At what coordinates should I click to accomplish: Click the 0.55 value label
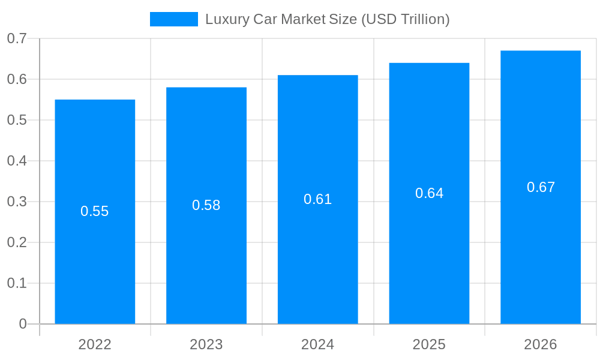pyautogui.click(x=95, y=211)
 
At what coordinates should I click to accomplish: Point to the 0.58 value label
pyautogui.click(x=206, y=205)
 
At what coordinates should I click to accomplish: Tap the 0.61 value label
pyautogui.click(x=318, y=199)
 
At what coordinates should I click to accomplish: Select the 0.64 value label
pyautogui.click(x=429, y=193)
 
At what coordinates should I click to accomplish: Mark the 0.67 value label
pyautogui.click(x=541, y=187)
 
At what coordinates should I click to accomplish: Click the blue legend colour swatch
pyautogui.click(x=173, y=19)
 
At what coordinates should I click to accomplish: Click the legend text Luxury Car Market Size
pyautogui.click(x=328, y=19)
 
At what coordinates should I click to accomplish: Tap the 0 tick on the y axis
pyautogui.click(x=23, y=324)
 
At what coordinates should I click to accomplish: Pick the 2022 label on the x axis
pyautogui.click(x=95, y=344)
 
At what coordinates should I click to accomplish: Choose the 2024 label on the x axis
pyautogui.click(x=318, y=344)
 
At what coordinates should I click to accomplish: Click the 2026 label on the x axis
pyautogui.click(x=541, y=344)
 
